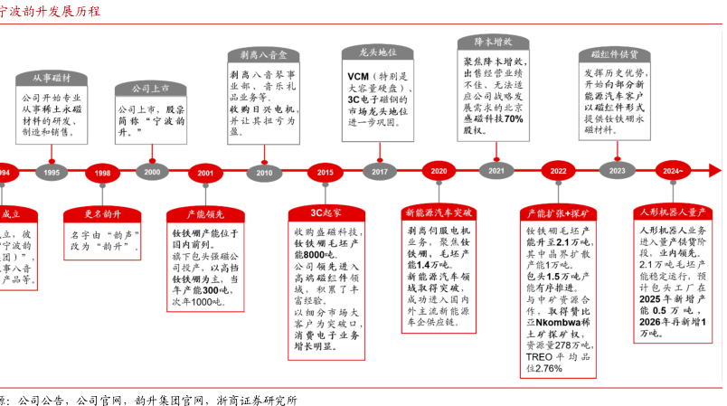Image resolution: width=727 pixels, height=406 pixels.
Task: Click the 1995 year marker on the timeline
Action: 52,172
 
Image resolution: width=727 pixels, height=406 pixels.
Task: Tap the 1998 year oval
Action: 102,172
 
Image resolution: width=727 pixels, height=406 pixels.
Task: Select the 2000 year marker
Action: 152,172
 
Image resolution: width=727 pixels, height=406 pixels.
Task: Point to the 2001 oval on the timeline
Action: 205,172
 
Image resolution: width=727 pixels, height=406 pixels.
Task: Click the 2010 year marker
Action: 264,172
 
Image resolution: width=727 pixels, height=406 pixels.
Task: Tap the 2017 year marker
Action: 380,172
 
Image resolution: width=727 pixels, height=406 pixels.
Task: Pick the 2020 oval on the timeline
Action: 439,171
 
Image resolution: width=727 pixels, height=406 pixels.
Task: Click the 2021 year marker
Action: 496,171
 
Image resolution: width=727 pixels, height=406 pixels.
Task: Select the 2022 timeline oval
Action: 559,171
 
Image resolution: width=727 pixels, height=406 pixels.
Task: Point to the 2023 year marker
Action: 618,171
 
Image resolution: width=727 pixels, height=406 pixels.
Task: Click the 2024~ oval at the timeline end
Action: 673,171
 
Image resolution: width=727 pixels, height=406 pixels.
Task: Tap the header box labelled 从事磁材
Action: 52,79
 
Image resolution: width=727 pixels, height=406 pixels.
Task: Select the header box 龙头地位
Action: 379,52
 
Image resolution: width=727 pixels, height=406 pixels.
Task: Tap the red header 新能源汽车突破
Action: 439,213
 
